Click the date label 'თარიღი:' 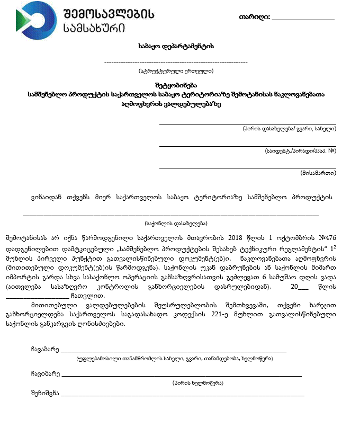point(255,17)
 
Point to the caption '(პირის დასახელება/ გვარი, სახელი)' point(289,128)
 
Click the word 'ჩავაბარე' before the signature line point(44,349)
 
